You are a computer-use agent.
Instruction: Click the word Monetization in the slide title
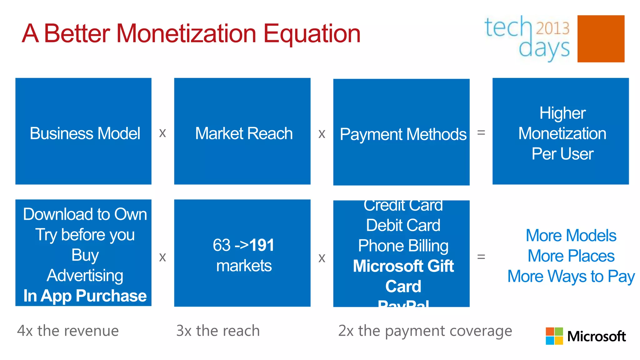pos(186,34)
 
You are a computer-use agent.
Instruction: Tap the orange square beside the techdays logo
pos(601,39)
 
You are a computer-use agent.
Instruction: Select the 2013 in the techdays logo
pos(552,28)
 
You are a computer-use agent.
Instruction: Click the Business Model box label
pos(85,133)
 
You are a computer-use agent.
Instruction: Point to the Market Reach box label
pos(244,133)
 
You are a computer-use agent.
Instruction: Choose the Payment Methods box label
pos(403,134)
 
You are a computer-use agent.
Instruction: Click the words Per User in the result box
pos(562,154)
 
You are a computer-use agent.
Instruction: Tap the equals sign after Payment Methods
pos(481,133)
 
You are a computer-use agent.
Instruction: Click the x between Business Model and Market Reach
pos(162,133)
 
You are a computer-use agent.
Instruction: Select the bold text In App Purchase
pos(85,296)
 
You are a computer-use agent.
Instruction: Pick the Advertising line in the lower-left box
pos(85,275)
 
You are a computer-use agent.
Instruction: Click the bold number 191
pos(262,245)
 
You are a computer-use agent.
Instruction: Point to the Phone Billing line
pos(403,246)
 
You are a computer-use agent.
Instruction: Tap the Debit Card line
pos(403,225)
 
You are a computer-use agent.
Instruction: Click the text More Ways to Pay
pos(571,277)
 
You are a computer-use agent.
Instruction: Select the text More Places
pos(571,256)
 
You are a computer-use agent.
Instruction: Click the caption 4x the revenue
pos(68,331)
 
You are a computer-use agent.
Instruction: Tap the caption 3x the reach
pos(218,331)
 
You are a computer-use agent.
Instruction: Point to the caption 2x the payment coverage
pos(425,331)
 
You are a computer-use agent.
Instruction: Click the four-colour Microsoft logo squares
pos(554,336)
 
